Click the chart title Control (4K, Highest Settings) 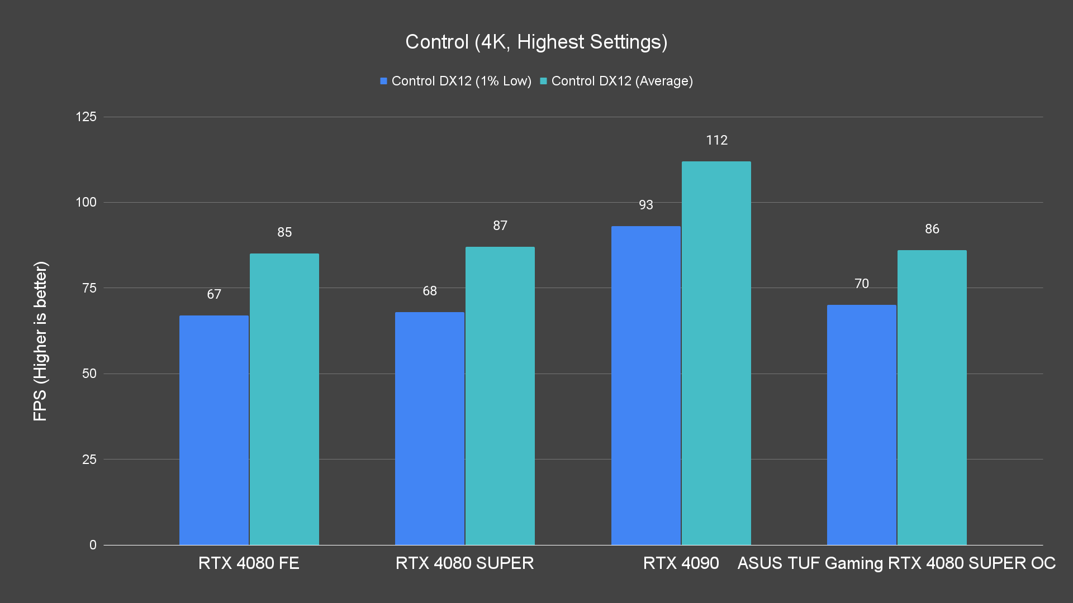(x=536, y=42)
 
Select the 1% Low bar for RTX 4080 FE (x=213, y=430)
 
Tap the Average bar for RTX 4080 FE (x=284, y=399)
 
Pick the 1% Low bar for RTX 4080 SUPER (x=429, y=428)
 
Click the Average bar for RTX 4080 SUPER (x=500, y=396)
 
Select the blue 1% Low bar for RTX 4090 (x=645, y=385)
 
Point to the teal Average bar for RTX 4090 (x=716, y=353)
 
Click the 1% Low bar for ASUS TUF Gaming (x=861, y=425)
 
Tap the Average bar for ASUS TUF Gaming (x=932, y=398)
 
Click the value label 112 (x=716, y=140)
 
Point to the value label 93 (x=645, y=205)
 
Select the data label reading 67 (x=213, y=294)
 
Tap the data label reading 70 (x=861, y=284)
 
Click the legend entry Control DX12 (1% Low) (x=455, y=81)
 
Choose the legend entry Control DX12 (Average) (x=616, y=81)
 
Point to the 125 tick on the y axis (x=86, y=117)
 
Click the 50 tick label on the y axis (x=89, y=374)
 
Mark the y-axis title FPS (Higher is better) (x=40, y=341)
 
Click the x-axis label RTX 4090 (x=681, y=563)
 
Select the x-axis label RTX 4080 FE (x=249, y=563)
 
